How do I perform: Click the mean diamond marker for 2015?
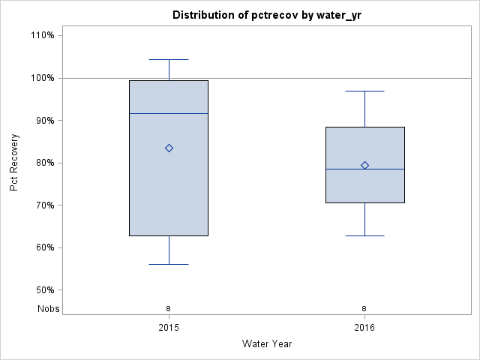point(169,148)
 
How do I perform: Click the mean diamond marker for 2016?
point(364,165)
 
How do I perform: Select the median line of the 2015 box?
point(169,113)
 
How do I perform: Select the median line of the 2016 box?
point(364,169)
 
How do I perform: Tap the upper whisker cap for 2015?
point(169,59)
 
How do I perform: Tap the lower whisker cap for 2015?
point(169,264)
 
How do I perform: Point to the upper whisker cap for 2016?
point(364,91)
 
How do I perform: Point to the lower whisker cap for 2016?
point(364,235)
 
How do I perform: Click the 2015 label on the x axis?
point(169,328)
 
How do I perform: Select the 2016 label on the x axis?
point(364,328)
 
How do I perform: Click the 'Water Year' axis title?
point(267,344)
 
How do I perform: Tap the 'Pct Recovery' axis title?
point(14,163)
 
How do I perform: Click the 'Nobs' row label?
point(49,308)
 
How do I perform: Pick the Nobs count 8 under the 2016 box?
point(364,308)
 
